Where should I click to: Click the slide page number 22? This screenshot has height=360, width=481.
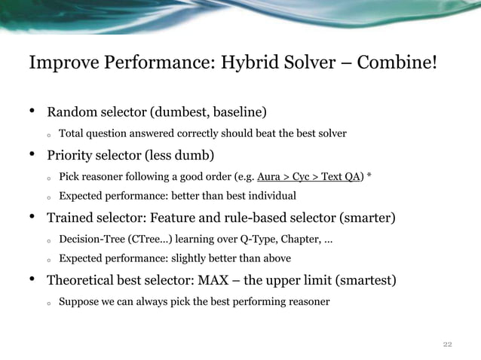coord(447,344)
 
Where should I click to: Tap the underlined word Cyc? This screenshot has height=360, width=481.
coord(303,177)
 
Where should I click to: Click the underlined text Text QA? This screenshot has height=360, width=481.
coord(341,177)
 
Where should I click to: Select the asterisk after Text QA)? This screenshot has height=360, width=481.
coord(369,177)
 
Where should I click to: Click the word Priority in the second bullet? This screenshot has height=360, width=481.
coord(72,156)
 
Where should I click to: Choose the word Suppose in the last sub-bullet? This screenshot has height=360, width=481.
coord(79,302)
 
